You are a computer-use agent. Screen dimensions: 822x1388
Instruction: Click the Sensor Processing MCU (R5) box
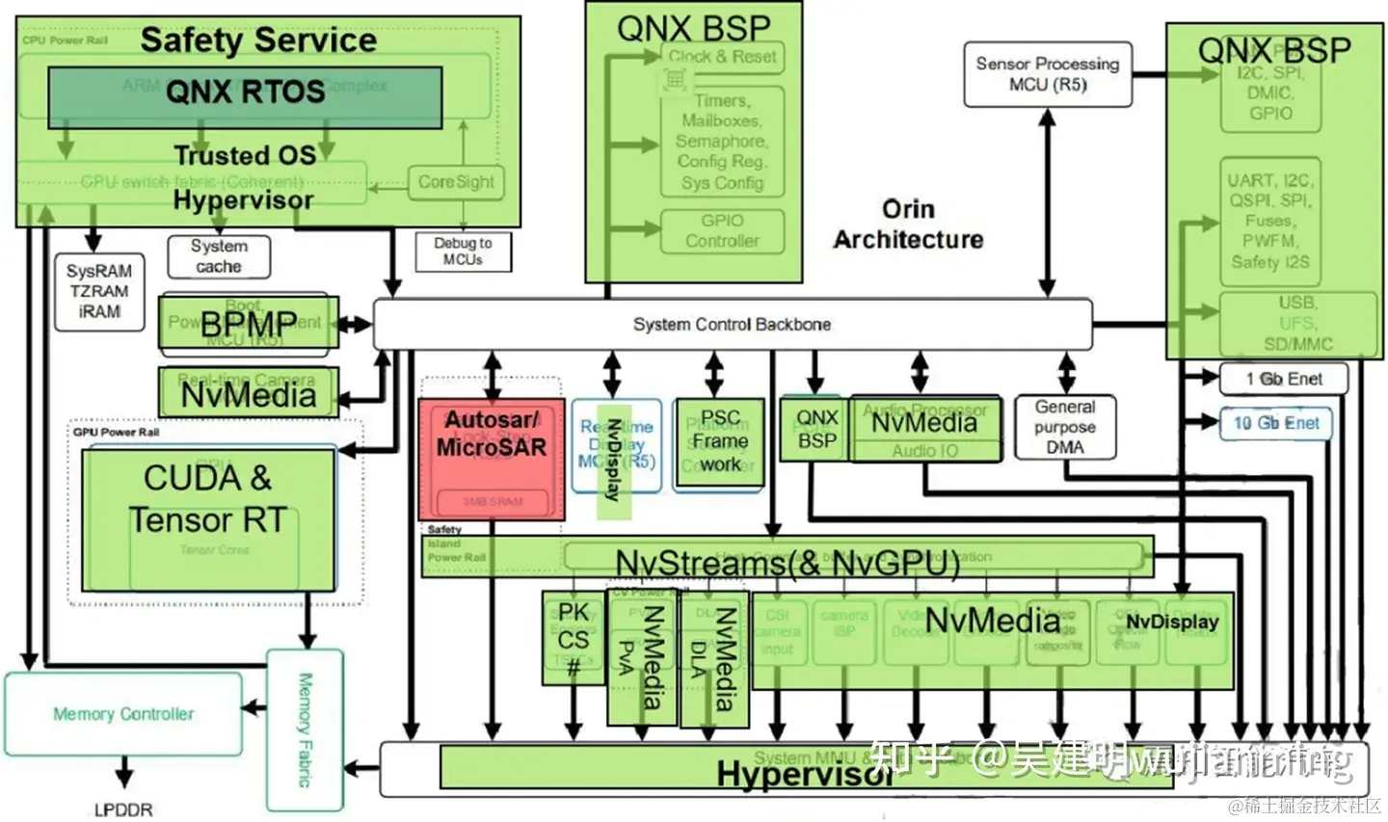tap(1047, 74)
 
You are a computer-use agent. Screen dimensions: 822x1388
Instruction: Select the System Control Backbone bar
tap(732, 324)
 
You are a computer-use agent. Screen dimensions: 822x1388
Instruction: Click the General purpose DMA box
tap(1065, 427)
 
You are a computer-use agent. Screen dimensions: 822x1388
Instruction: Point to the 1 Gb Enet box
tap(1283, 379)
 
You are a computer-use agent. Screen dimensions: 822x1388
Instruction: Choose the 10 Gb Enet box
tap(1276, 423)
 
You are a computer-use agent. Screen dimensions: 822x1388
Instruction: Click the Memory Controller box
tap(123, 714)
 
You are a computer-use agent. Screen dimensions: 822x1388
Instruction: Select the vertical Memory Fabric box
tap(305, 730)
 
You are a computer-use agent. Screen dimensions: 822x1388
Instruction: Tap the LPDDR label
tap(123, 809)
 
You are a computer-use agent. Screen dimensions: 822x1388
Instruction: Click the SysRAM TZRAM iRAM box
tap(99, 292)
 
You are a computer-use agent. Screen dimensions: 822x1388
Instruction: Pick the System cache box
tap(219, 256)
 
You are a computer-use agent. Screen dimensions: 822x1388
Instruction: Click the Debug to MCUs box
tap(463, 252)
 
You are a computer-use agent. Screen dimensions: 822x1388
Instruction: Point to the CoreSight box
tap(456, 182)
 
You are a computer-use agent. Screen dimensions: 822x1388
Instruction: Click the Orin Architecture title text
tap(908, 224)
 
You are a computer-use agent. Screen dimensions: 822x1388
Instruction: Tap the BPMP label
tap(249, 325)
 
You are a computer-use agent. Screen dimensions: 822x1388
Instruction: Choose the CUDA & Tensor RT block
tap(208, 518)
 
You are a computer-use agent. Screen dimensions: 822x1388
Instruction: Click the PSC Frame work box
tap(719, 442)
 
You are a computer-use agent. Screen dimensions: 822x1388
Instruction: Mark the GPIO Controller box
tap(722, 231)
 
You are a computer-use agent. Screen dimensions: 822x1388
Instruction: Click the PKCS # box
tap(573, 637)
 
